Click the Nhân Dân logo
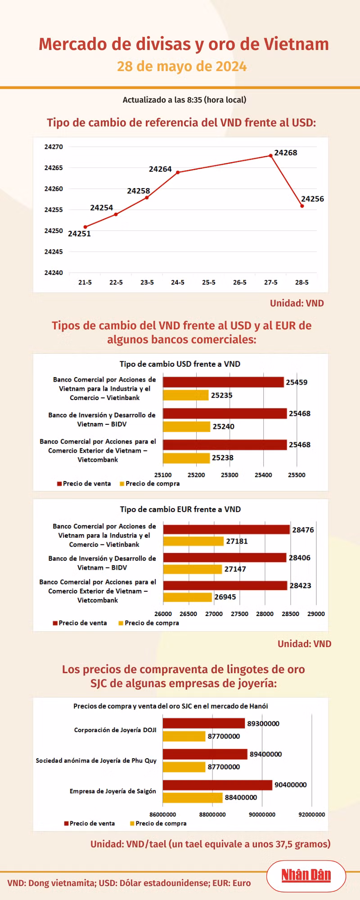point(306,875)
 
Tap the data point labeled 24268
point(271,156)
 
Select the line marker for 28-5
point(302,206)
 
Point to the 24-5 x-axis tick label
point(178,282)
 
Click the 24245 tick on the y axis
point(54,252)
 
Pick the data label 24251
point(79,234)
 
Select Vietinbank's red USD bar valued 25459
point(223,382)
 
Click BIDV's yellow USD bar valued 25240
point(186,426)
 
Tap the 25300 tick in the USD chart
point(229,475)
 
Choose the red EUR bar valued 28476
point(226,529)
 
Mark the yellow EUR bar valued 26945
point(187,597)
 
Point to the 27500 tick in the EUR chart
point(239,614)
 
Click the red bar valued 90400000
point(217,785)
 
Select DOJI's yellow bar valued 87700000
point(184,736)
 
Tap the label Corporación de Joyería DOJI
point(115,730)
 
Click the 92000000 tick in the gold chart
point(312,814)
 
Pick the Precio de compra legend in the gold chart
point(158,823)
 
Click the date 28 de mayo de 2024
point(182,67)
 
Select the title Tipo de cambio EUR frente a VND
point(180,509)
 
